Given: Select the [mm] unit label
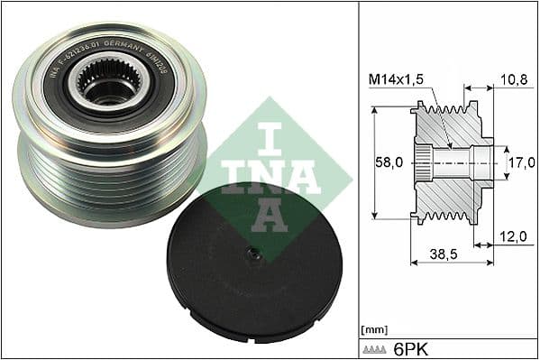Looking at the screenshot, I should [x=371, y=328].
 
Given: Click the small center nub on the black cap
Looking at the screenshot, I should [x=256, y=256].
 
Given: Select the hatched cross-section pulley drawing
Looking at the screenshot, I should [x=451, y=162].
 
